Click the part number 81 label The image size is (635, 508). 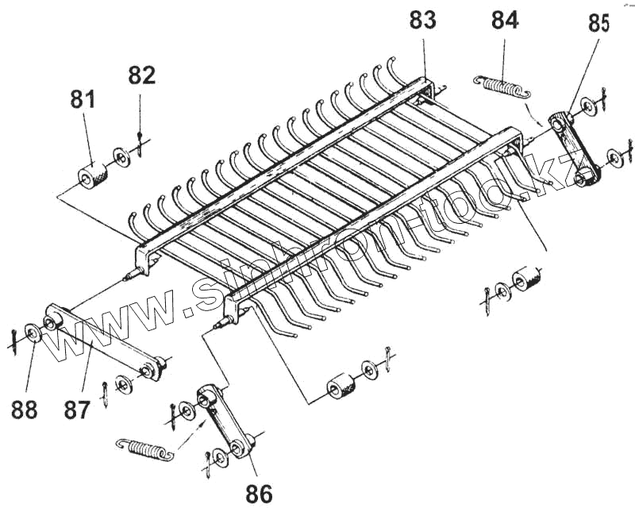[x=83, y=100]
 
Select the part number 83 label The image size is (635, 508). [x=422, y=20]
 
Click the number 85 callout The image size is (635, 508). [x=598, y=24]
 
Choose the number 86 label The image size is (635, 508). [x=259, y=494]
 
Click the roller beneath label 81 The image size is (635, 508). [x=94, y=173]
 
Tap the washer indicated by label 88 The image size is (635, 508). [x=33, y=333]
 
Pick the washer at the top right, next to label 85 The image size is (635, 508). [x=588, y=105]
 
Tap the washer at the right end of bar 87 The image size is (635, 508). [x=124, y=385]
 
